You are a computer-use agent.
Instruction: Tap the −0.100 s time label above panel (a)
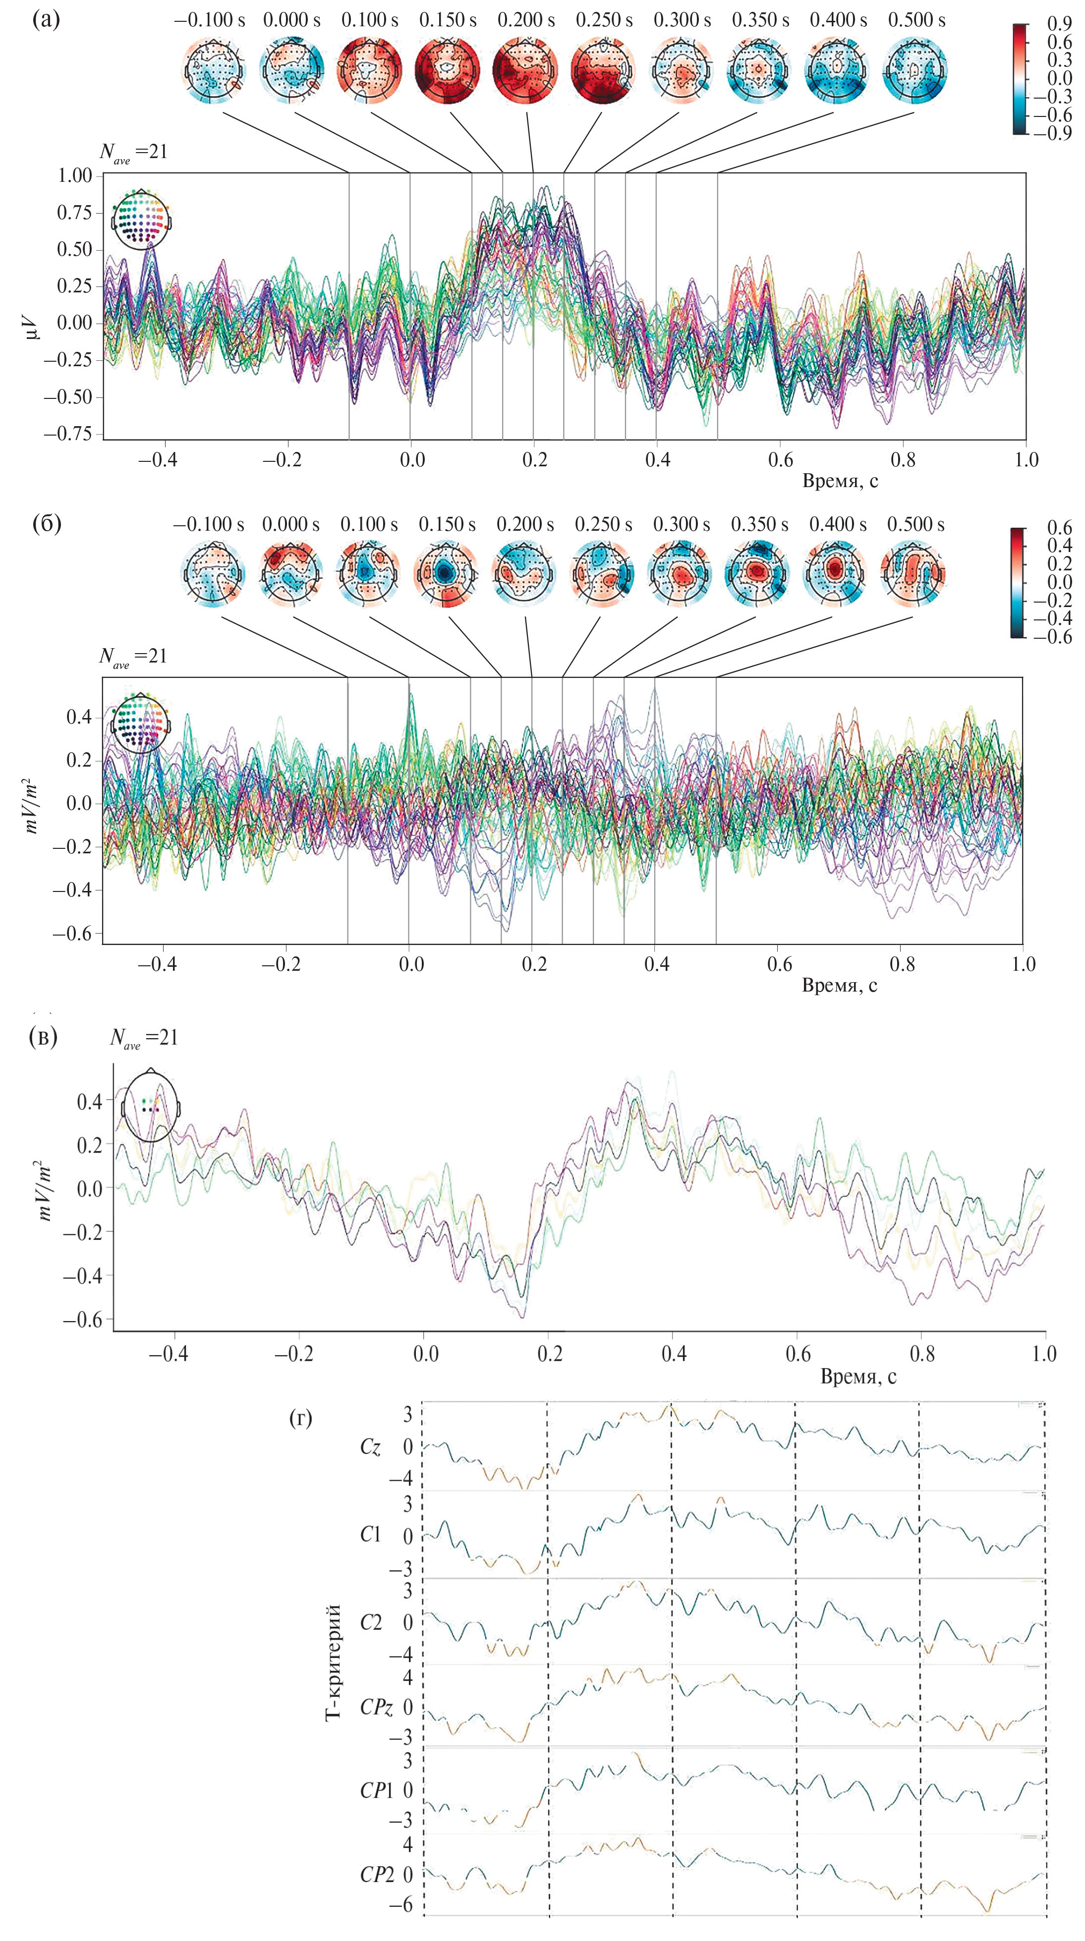click(x=210, y=20)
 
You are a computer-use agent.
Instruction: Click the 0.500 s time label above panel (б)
click(x=915, y=524)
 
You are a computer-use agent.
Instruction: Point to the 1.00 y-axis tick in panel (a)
click(x=74, y=175)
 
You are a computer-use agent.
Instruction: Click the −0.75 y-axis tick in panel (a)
click(x=68, y=434)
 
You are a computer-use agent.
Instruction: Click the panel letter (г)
click(x=301, y=1418)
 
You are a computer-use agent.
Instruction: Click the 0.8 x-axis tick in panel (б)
click(x=902, y=964)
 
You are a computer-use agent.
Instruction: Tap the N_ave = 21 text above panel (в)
click(x=144, y=1038)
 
